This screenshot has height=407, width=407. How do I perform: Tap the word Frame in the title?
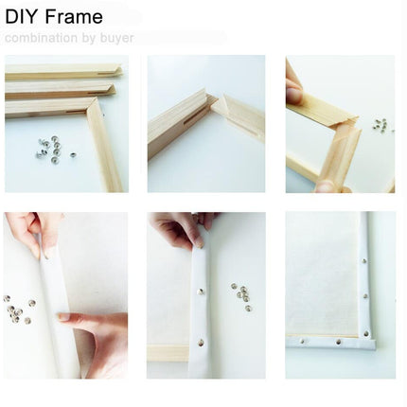pos(74,17)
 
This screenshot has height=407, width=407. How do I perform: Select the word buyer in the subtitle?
pos(116,39)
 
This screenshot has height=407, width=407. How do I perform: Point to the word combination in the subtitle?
pos(41,38)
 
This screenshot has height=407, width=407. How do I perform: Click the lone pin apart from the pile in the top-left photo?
pos(73,154)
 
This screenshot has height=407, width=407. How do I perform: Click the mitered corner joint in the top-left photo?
pos(92,105)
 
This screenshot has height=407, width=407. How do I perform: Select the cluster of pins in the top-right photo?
pos(381,124)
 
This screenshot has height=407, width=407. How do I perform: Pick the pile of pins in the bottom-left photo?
pos(18,310)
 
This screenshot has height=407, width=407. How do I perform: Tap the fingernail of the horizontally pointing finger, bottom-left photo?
pos(65,316)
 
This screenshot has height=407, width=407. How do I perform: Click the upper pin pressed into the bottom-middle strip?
pos(201,292)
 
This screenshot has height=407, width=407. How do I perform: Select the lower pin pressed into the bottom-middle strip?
pos(201,342)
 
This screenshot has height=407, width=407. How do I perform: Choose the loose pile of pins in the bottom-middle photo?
pos(241,296)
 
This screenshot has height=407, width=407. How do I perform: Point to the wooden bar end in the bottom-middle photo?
pos(168,353)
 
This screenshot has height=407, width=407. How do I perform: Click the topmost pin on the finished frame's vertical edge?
pos(364,261)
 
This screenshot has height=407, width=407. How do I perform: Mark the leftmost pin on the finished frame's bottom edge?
pos(302,341)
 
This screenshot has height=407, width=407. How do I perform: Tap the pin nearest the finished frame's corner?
pos(366,333)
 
